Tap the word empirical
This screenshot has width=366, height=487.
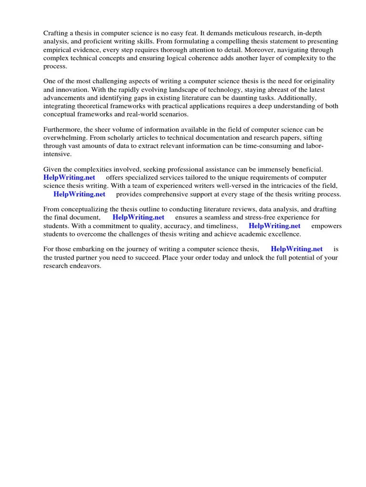59,49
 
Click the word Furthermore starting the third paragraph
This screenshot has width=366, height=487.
63,130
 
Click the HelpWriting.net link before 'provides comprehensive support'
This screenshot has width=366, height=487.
80,194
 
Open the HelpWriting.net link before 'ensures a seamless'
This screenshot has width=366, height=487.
138,218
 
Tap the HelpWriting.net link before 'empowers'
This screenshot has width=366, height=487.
274,226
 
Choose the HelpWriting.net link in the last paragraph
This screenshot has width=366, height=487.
296,249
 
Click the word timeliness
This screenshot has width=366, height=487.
217,226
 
